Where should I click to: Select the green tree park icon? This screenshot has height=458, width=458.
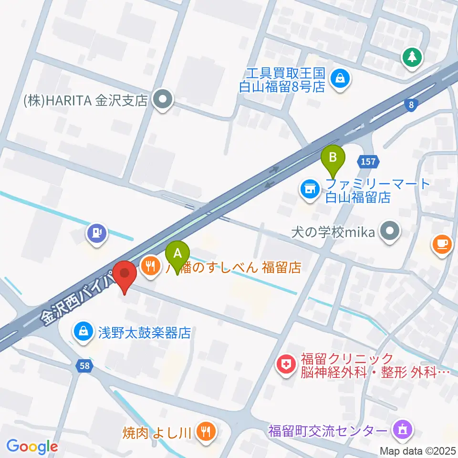(x=412, y=58)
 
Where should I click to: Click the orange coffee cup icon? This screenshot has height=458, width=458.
(x=441, y=244)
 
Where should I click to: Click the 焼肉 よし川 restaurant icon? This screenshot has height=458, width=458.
(x=206, y=432)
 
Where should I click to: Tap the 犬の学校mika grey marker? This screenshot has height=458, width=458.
(x=390, y=232)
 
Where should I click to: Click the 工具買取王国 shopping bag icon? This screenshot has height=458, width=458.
(x=341, y=78)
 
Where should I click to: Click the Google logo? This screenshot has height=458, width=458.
(x=32, y=447)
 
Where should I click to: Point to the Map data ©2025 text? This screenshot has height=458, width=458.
(x=418, y=450)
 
